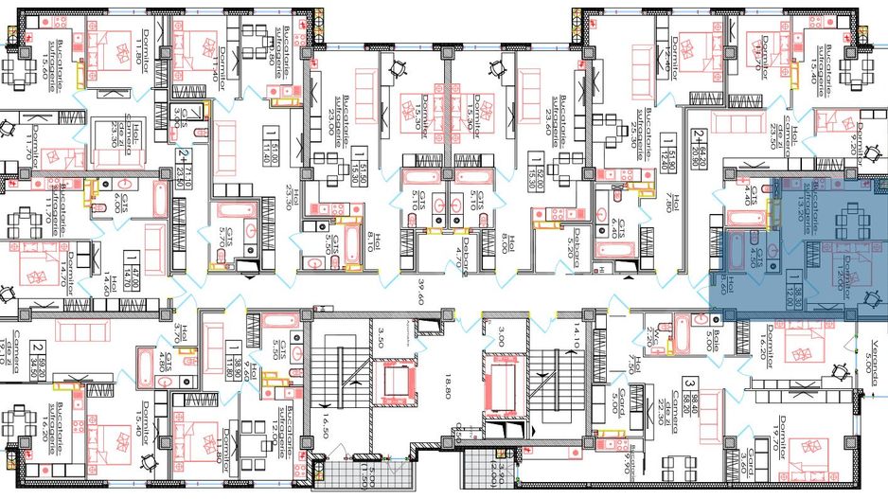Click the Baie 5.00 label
[x=710, y=338]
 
